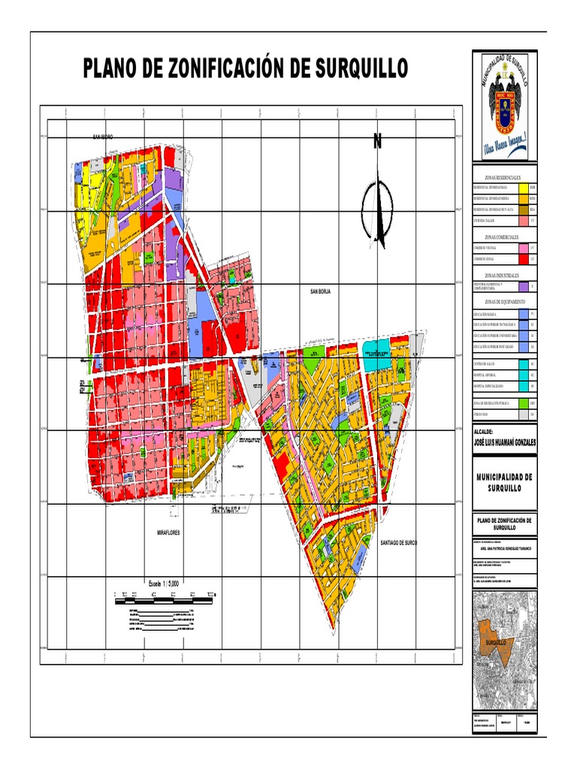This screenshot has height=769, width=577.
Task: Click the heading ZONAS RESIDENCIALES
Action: click(503, 176)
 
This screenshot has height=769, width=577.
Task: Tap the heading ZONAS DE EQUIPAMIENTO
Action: click(503, 301)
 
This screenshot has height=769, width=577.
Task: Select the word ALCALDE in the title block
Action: click(483, 433)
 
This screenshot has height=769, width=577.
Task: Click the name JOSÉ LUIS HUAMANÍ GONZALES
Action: click(504, 442)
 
